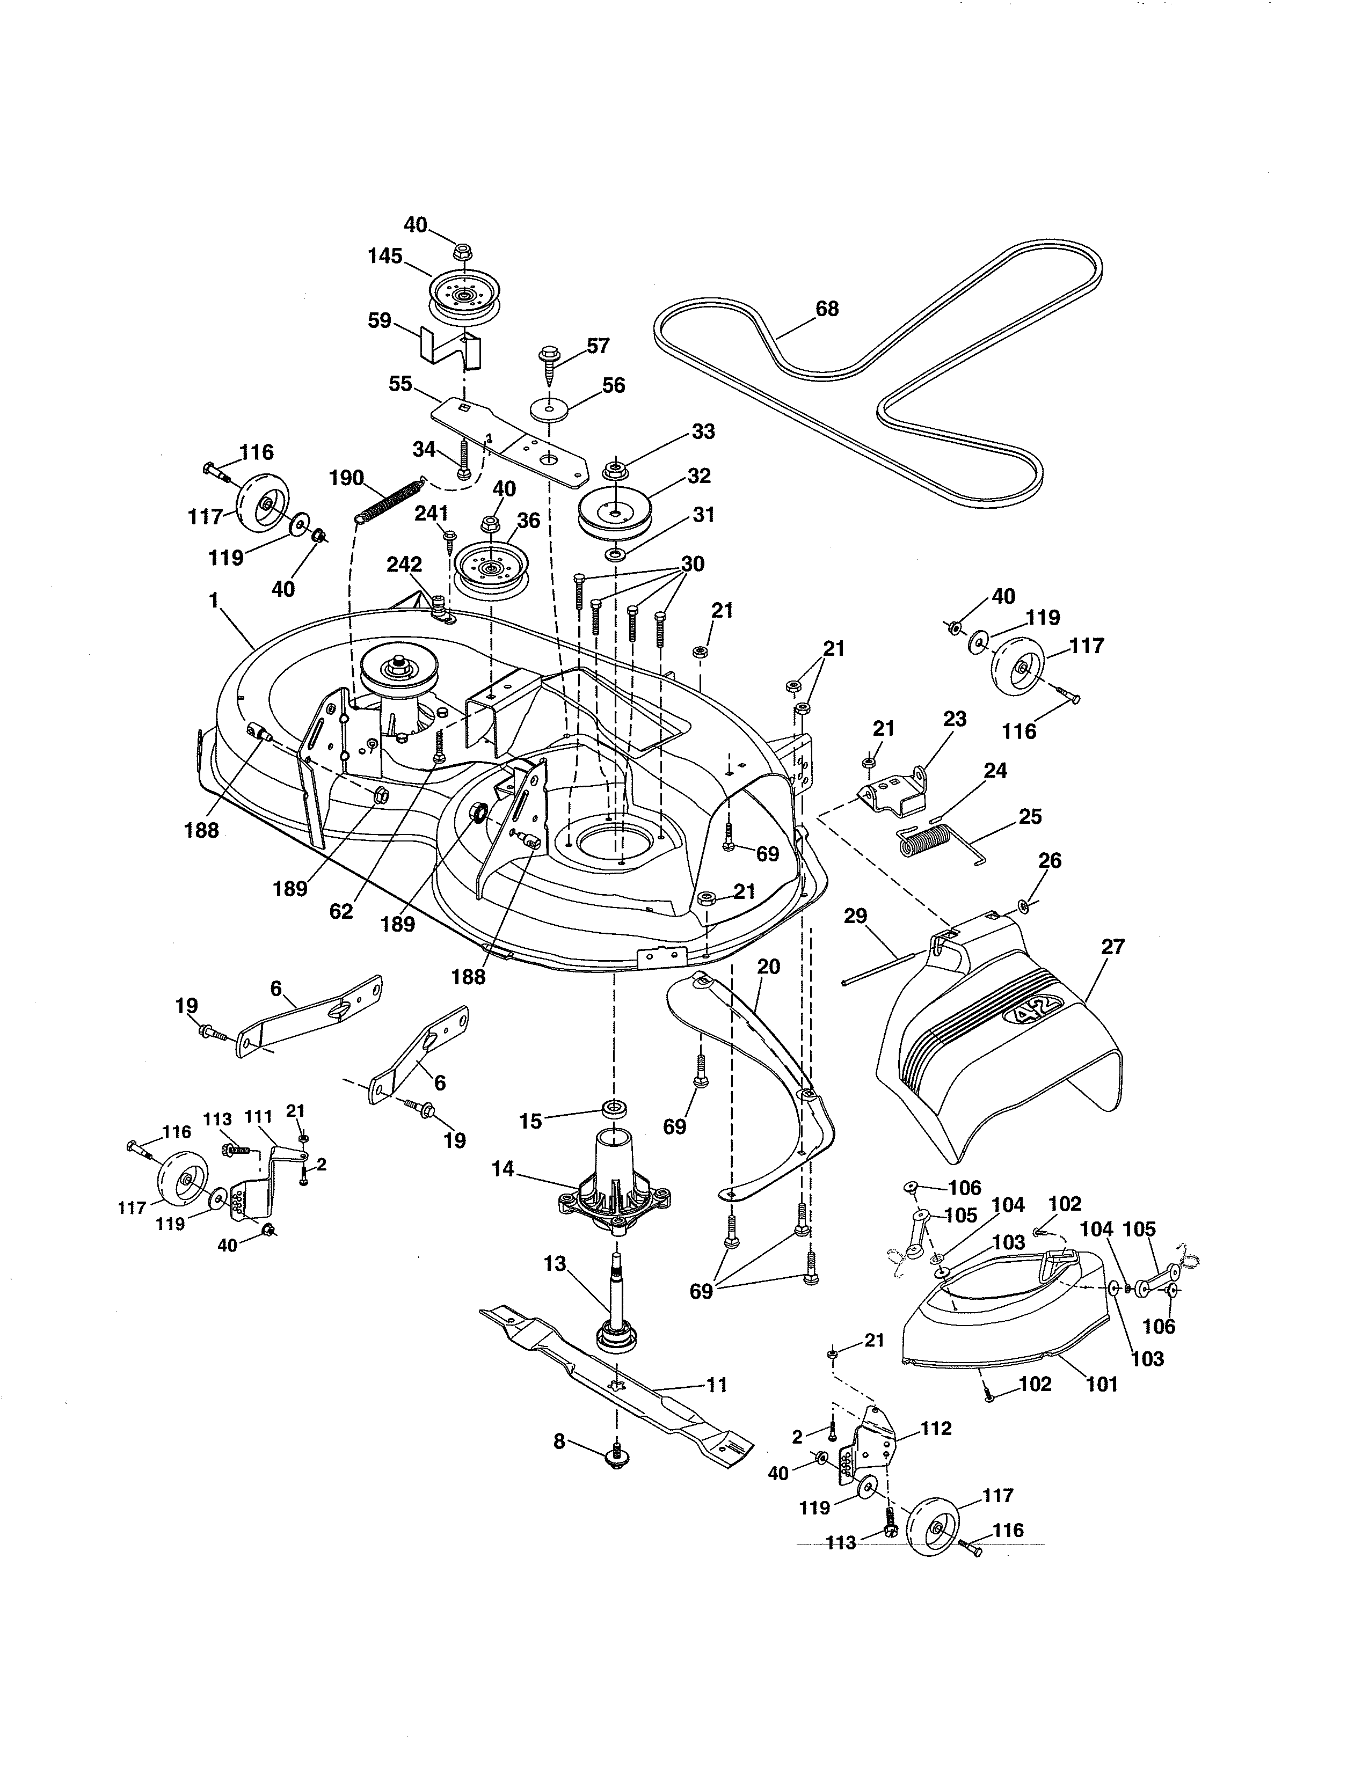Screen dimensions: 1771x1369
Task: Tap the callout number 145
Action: coord(384,256)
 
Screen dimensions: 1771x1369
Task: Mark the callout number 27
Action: coord(1113,946)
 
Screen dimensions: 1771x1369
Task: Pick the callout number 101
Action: coord(1101,1384)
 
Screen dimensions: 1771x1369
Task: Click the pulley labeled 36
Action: coord(491,568)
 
